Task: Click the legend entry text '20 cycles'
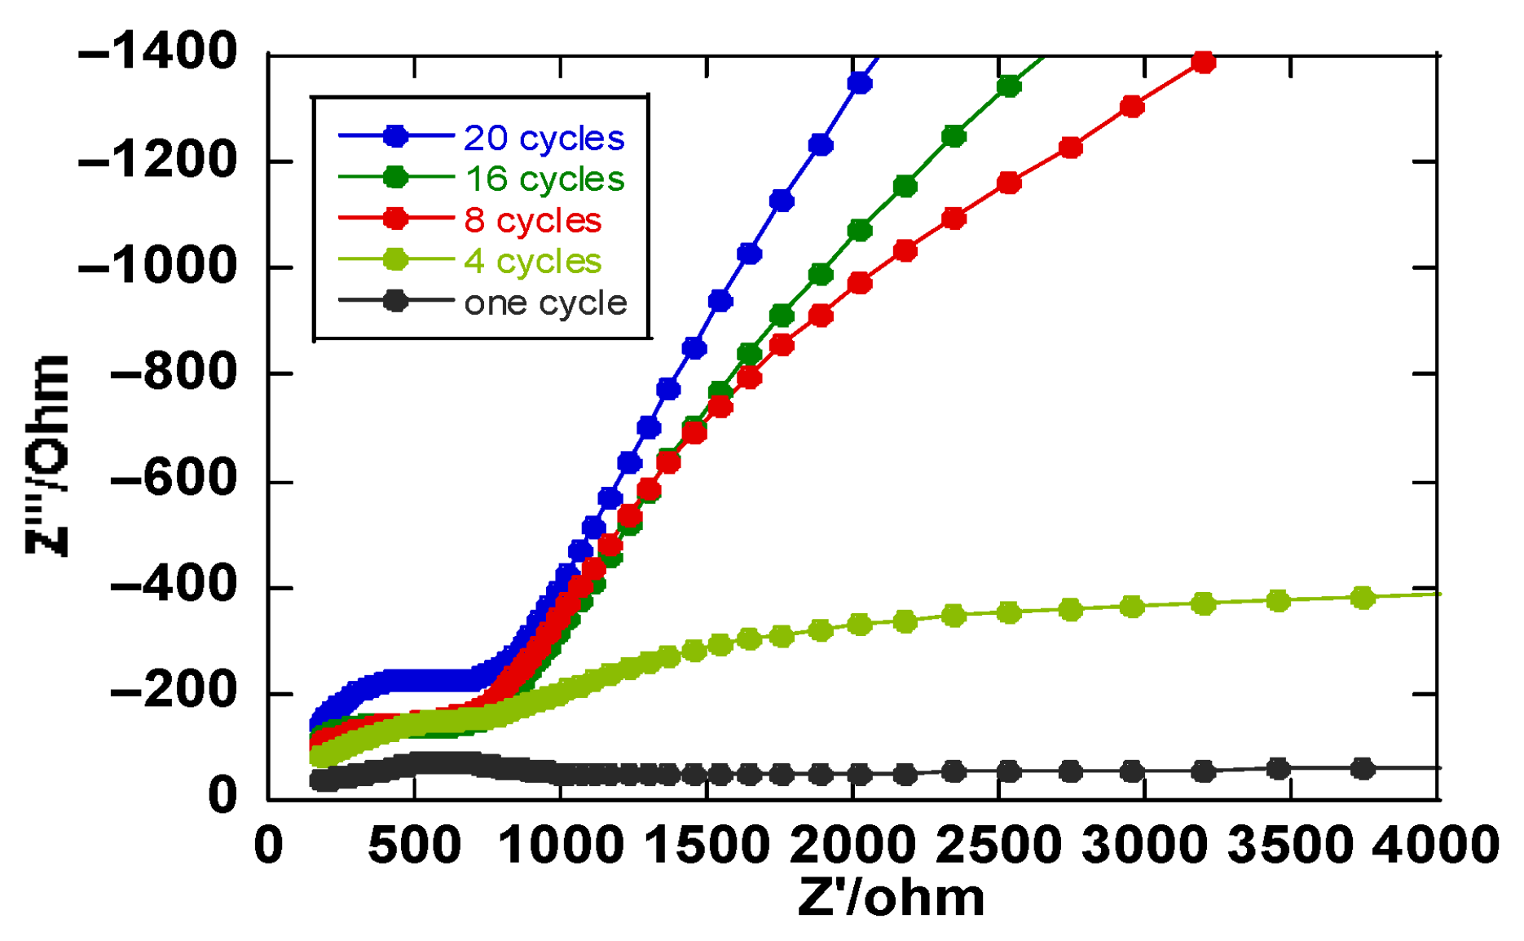544,139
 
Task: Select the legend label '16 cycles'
544,179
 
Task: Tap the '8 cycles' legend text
532,221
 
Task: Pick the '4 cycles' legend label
532,262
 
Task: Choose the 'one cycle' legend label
545,303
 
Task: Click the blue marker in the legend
396,136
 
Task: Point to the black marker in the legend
396,301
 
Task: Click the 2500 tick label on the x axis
999,845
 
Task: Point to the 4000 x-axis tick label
1436,845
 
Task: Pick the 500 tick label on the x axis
414,845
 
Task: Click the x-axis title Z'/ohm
891,898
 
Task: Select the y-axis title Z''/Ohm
47,457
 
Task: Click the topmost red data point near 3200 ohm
1203,62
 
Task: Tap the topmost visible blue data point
860,83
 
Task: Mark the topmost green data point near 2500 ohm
1009,86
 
